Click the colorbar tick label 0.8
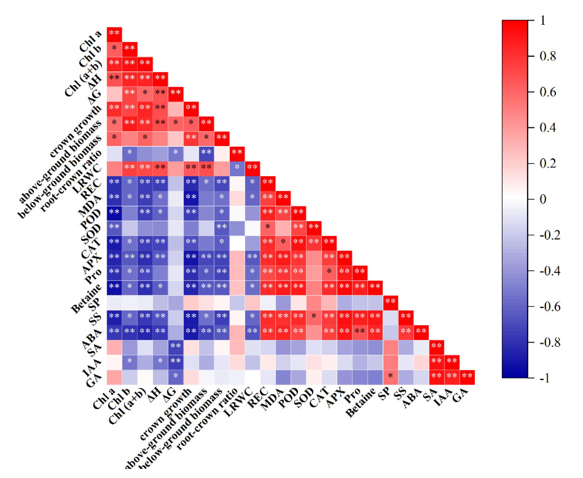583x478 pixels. pyautogui.click(x=547, y=56)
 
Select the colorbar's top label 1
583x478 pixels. pyautogui.click(x=543, y=20)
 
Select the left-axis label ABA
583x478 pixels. pyautogui.click(x=92, y=339)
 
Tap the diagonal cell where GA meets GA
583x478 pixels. pyautogui.click(x=467, y=377)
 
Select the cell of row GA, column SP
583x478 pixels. pyautogui.click(x=390, y=377)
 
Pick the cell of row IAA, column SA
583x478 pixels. pyautogui.click(x=437, y=362)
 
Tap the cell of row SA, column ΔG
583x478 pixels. pyautogui.click(x=176, y=348)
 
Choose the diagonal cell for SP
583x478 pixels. pyautogui.click(x=390, y=303)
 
